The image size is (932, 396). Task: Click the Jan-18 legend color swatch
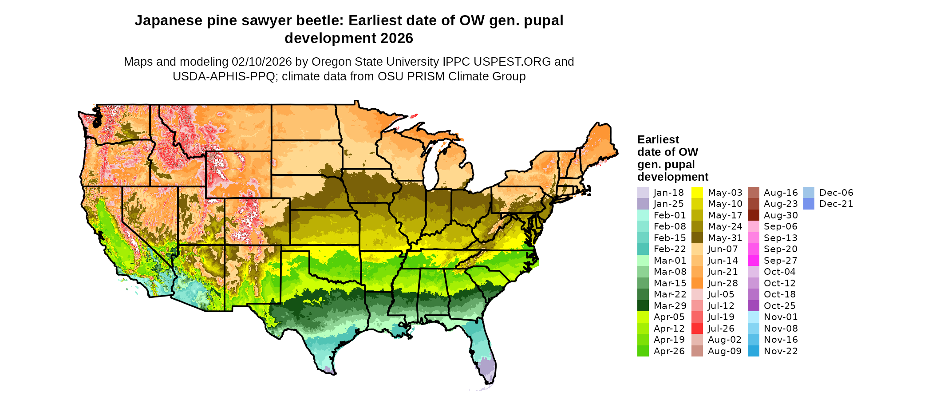click(643, 193)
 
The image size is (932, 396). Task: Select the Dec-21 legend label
click(836, 204)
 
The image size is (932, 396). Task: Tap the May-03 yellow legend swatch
click(697, 193)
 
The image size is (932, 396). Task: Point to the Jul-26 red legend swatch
click(697, 329)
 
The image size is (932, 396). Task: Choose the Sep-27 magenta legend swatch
click(753, 261)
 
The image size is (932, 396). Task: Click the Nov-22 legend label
click(781, 351)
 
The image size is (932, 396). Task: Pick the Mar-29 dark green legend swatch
click(643, 306)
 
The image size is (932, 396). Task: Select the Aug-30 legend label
click(781, 215)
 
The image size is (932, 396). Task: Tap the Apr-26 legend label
click(669, 351)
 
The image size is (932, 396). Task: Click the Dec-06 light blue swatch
click(809, 193)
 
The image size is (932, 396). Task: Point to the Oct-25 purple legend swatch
click(753, 306)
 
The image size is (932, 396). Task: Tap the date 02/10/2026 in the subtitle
click(261, 62)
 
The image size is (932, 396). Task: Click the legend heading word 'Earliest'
click(658, 139)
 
